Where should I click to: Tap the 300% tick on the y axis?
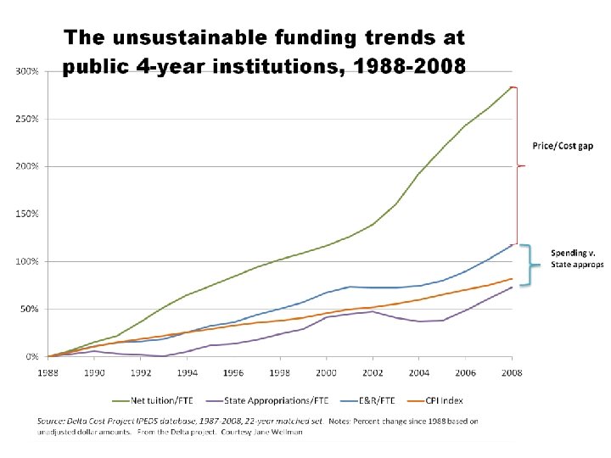pos(27,71)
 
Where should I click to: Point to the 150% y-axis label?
pos(27,214)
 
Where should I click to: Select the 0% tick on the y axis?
pos(31,357)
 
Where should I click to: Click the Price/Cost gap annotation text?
pos(563,146)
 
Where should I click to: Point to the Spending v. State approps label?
pos(577,259)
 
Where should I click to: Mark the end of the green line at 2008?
pos(512,87)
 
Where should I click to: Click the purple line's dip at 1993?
pos(164,356)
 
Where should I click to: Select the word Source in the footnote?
pos(50,421)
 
